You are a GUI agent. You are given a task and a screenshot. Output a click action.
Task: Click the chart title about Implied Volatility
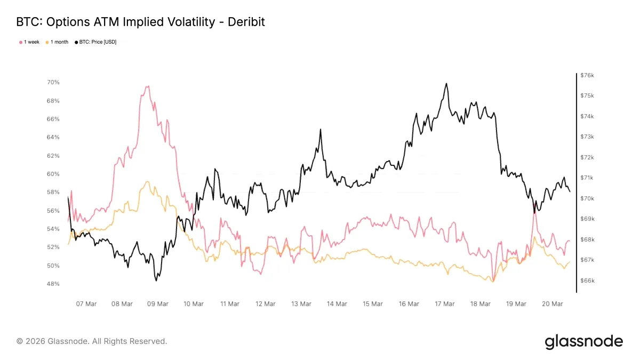pos(141,22)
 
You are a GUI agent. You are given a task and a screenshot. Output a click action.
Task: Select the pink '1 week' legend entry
pos(29,42)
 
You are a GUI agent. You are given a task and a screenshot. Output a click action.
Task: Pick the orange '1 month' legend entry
pos(57,42)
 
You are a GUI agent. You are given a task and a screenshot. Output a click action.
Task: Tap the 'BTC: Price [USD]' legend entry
pos(95,42)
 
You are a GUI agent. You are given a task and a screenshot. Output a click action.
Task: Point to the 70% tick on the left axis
pos(53,82)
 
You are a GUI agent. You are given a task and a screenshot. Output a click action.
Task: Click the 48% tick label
pos(53,284)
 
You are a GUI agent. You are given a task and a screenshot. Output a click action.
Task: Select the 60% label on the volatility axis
pos(53,174)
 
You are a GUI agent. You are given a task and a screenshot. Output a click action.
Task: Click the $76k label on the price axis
pos(587,75)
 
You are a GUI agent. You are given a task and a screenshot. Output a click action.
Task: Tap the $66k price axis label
pos(587,281)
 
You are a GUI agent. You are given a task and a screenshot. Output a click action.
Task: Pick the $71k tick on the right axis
pos(587,178)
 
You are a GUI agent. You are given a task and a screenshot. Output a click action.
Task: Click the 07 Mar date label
pos(86,303)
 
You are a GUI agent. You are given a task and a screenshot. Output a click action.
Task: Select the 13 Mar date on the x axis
pos(301,303)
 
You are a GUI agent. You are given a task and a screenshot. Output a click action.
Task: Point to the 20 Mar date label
pos(553,303)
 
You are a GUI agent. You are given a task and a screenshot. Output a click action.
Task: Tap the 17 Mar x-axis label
pos(445,303)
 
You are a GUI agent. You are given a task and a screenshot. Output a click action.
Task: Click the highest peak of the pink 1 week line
pos(148,86)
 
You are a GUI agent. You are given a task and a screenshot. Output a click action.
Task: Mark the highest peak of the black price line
pos(446,83)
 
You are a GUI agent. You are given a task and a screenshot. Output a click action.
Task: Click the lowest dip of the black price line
pos(156,281)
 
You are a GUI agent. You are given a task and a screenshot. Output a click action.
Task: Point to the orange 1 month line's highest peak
pos(147,181)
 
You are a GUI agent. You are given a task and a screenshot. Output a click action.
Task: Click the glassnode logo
pos(583,342)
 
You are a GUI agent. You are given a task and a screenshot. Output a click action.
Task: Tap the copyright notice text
pos(92,341)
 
